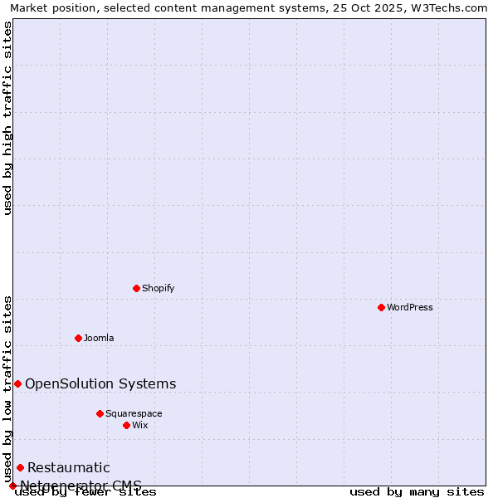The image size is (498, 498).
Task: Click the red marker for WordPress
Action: (381, 307)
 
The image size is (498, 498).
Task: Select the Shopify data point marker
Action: (137, 288)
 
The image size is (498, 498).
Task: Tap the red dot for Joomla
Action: (79, 338)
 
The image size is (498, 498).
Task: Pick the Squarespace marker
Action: (100, 413)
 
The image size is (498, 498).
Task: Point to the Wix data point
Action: (126, 425)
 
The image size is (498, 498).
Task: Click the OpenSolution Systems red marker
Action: (17, 383)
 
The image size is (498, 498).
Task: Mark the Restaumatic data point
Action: (20, 467)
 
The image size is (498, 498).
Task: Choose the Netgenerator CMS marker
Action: (12, 486)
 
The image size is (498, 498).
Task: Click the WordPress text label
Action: (410, 307)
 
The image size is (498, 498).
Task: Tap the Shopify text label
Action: (158, 288)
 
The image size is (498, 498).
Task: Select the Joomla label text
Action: (99, 338)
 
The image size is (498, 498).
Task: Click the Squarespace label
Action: (134, 413)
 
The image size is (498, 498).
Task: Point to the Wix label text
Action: (139, 425)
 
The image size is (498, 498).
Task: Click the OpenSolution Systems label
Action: (100, 383)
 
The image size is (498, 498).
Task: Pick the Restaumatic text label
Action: (68, 467)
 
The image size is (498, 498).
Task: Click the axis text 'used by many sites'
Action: (417, 492)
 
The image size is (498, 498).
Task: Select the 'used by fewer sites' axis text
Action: (85, 492)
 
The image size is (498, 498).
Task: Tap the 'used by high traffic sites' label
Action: (8, 118)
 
